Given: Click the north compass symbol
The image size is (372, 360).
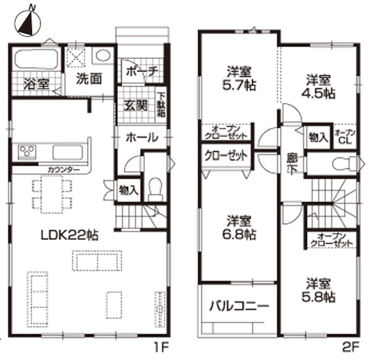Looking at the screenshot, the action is point(28,23).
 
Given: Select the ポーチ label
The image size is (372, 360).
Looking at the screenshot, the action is point(142,71).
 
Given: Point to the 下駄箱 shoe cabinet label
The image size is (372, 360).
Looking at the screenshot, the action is point(161,105).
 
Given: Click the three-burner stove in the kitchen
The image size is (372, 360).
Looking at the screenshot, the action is point(27,151).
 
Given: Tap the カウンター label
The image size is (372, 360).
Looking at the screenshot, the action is point(64,170).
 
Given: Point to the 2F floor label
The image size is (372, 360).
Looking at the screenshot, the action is point(351,348).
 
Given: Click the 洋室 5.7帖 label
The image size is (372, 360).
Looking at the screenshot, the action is point(239,79).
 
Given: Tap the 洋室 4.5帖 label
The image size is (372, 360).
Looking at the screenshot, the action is point(318,87).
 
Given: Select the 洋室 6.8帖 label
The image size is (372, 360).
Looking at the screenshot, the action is point(239,227).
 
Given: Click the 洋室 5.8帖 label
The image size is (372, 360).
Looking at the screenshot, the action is point(318,290).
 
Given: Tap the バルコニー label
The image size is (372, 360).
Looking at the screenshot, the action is point(239,306).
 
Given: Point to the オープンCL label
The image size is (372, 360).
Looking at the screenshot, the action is point(345,137).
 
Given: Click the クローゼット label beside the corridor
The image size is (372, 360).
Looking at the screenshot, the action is point(226,156).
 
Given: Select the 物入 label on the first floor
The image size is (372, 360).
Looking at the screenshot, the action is point(128,190).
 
